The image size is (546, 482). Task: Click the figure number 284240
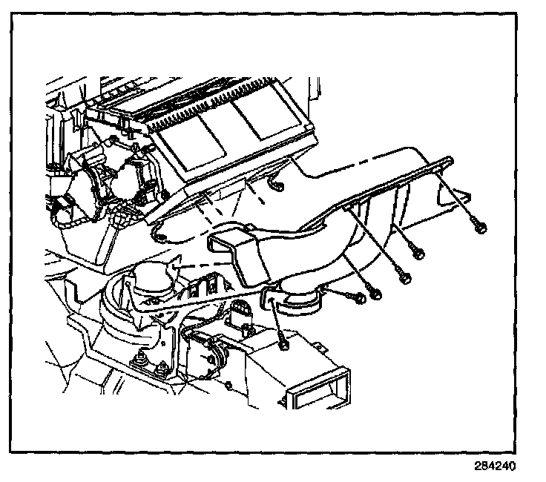pyautogui.click(x=494, y=468)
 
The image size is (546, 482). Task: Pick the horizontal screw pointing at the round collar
pyautogui.click(x=359, y=297)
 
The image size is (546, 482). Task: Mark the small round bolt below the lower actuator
pyautogui.click(x=229, y=383)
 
